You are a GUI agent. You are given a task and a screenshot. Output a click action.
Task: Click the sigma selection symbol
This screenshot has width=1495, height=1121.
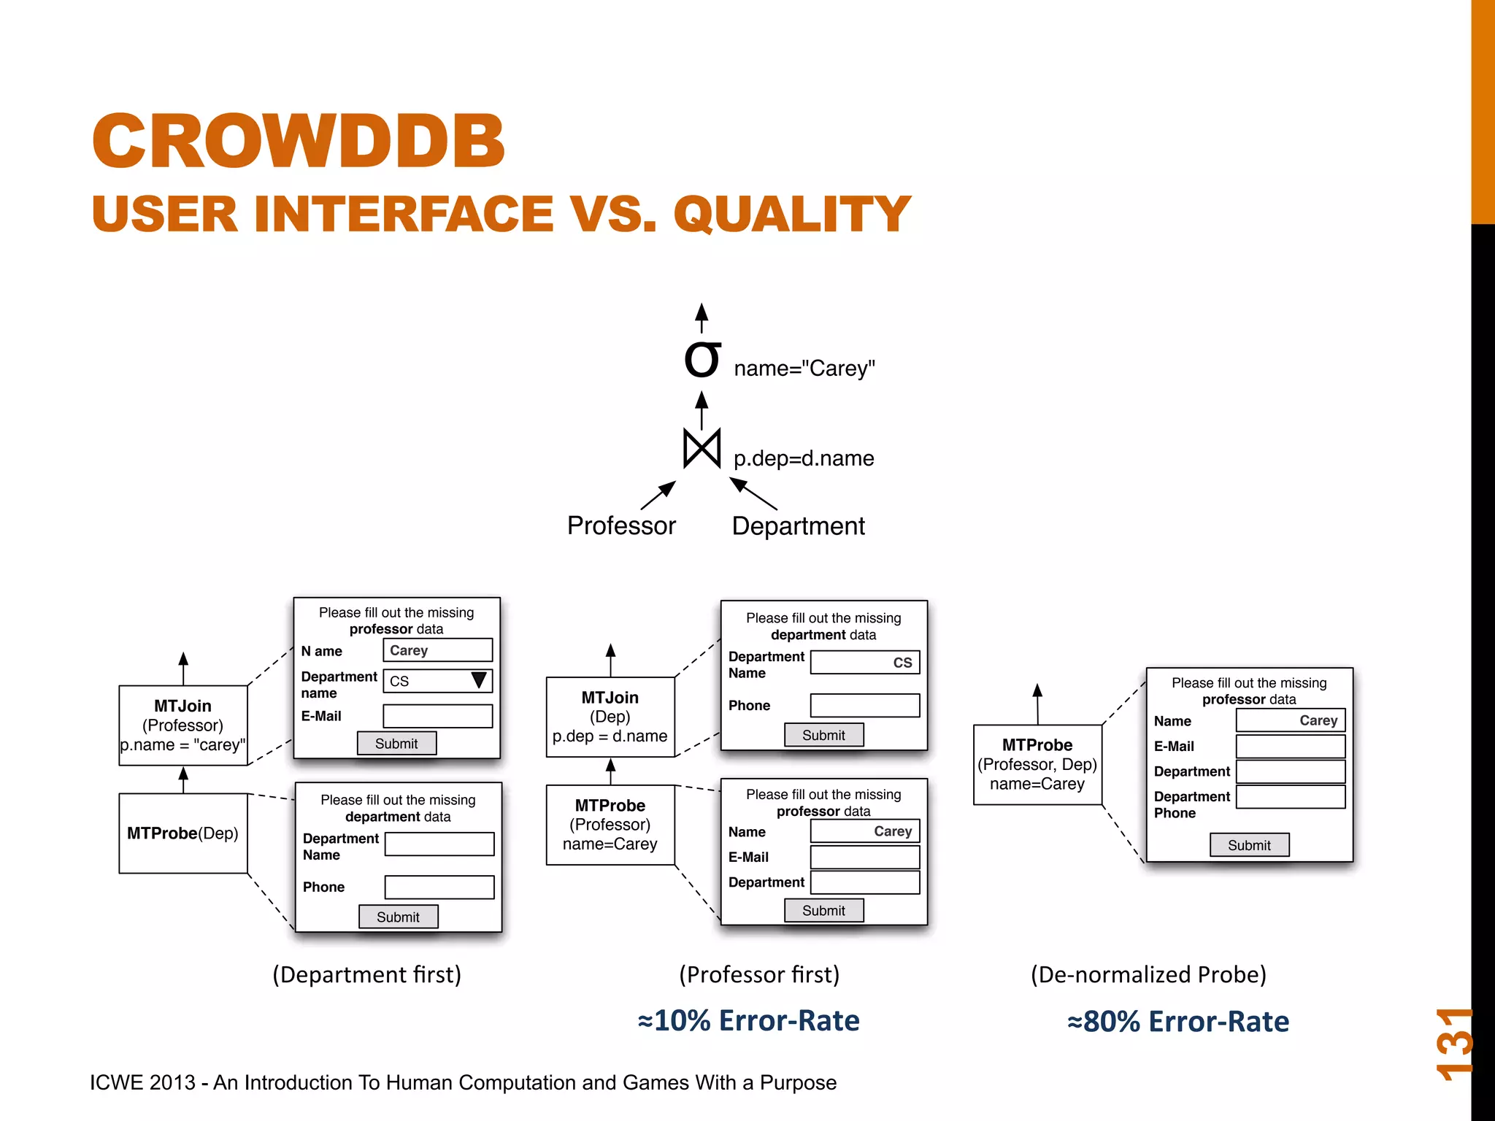pyautogui.click(x=702, y=361)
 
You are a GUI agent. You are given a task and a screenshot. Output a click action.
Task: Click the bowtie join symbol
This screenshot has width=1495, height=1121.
pyautogui.click(x=702, y=448)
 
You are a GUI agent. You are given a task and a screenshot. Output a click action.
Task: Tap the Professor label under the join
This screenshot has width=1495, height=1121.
pyautogui.click(x=621, y=526)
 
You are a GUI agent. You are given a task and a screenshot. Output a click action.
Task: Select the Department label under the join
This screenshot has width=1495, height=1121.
pyautogui.click(x=798, y=526)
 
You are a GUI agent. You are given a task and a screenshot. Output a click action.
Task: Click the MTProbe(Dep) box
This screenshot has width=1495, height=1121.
pyautogui.click(x=183, y=833)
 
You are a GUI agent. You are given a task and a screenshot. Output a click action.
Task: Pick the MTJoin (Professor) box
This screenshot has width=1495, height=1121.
pyautogui.click(x=183, y=725)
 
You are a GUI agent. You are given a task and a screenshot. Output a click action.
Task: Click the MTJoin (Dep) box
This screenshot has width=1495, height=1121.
pyautogui.click(x=610, y=717)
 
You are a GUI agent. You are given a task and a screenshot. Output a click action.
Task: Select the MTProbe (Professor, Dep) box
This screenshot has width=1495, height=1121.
pyautogui.click(x=1037, y=764)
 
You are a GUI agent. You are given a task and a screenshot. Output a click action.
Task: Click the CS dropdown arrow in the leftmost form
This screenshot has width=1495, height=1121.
pyautogui.click(x=479, y=680)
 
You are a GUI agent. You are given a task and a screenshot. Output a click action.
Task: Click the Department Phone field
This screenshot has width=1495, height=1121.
pyautogui.click(x=1290, y=797)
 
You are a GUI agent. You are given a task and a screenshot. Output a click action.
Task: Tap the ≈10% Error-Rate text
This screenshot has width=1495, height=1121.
pyautogui.click(x=748, y=1020)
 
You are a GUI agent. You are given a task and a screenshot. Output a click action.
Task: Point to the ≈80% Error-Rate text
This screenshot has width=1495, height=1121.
pyautogui.click(x=1177, y=1022)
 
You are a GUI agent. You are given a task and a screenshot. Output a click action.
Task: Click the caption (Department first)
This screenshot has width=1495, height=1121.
pyautogui.click(x=366, y=975)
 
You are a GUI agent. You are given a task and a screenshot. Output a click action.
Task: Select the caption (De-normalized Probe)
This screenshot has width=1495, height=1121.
pyautogui.click(x=1148, y=975)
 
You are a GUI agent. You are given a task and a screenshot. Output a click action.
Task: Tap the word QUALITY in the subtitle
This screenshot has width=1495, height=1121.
pyautogui.click(x=792, y=215)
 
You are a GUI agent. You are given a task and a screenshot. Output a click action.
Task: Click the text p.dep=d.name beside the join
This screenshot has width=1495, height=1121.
pyautogui.click(x=803, y=458)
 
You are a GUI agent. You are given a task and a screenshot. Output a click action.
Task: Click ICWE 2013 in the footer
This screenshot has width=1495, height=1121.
pyautogui.click(x=142, y=1082)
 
